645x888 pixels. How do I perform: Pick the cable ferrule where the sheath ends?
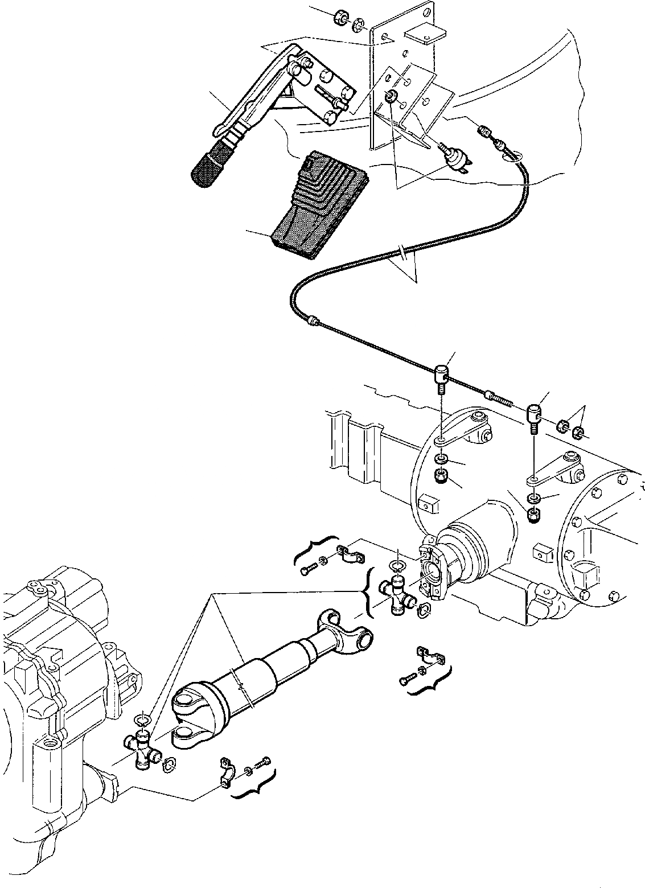[x=311, y=322]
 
